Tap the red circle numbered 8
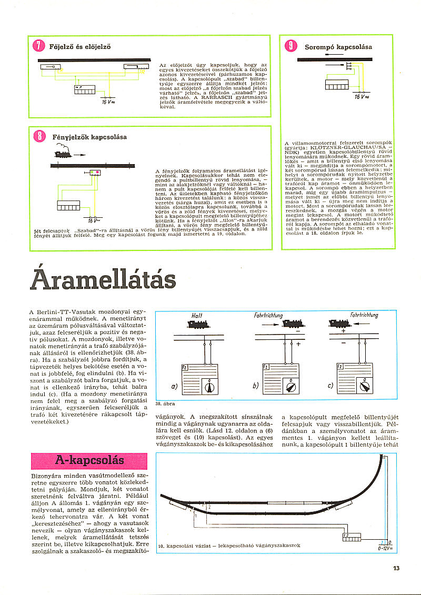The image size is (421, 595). click(x=39, y=136)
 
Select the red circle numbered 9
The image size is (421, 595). click(x=290, y=46)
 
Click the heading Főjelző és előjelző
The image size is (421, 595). click(x=79, y=46)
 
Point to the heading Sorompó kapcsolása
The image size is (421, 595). click(x=338, y=47)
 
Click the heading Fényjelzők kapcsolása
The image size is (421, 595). click(x=89, y=137)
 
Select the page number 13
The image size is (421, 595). click(x=396, y=568)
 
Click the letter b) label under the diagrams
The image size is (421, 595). click(x=255, y=386)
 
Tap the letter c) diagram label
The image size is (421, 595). click(x=330, y=386)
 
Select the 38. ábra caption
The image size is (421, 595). click(x=166, y=404)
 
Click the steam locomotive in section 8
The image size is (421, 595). click(x=61, y=154)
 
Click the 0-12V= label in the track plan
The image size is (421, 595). click(x=386, y=548)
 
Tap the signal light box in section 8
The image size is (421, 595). click(x=95, y=172)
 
